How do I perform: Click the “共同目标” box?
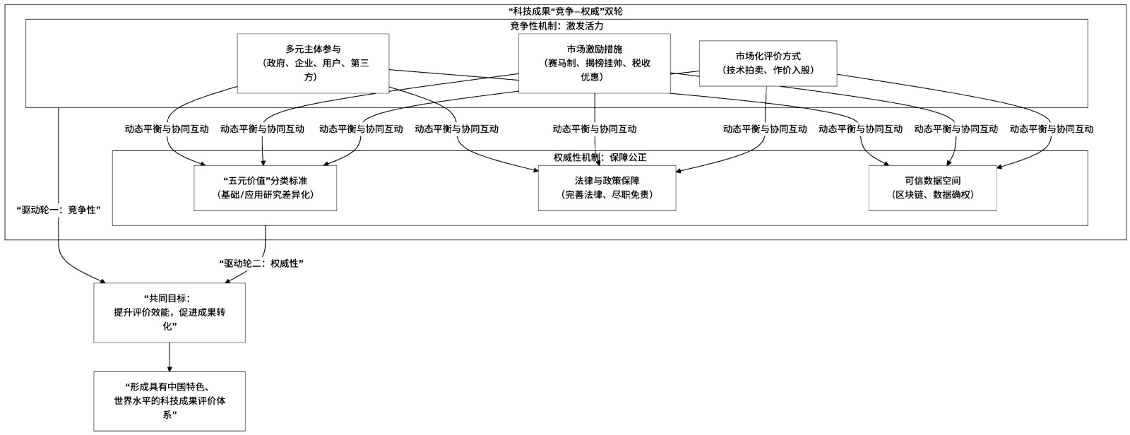(x=169, y=313)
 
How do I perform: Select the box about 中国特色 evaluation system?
(x=169, y=400)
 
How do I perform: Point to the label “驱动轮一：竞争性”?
(x=58, y=209)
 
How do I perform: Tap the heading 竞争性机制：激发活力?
(x=557, y=25)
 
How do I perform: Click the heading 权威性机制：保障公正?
(x=600, y=157)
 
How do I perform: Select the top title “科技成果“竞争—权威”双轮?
(x=565, y=11)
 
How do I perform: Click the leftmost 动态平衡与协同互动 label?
(x=167, y=129)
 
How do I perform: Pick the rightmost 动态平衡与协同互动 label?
(x=1051, y=129)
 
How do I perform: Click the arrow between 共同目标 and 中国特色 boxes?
(x=169, y=357)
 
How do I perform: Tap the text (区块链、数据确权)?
(x=932, y=194)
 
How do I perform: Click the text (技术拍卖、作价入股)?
(x=768, y=70)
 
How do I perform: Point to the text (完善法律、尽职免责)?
(x=607, y=194)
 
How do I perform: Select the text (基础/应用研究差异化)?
(x=265, y=194)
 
